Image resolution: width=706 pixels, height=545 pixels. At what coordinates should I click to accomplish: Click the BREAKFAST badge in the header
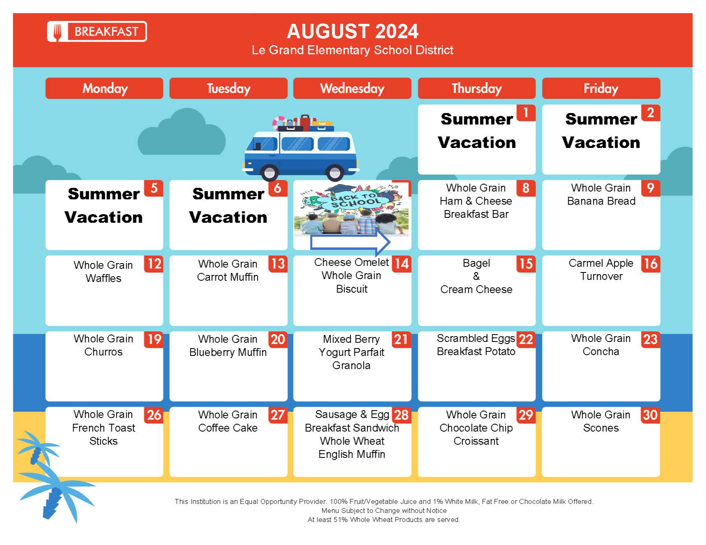point(97,32)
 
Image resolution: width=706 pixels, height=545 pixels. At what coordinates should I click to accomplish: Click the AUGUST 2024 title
point(352,31)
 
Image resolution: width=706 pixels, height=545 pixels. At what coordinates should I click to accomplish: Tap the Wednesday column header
point(352,88)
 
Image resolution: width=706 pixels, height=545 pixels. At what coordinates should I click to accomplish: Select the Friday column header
point(601,88)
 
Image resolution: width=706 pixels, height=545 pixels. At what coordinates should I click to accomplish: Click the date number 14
point(402,264)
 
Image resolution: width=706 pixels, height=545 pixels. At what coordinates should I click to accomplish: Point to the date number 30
point(650,415)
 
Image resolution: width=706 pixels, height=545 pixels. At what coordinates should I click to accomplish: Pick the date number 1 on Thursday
point(526,113)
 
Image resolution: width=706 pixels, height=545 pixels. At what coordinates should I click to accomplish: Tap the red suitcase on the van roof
point(305,122)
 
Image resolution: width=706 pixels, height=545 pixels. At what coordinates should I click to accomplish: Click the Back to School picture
point(352,209)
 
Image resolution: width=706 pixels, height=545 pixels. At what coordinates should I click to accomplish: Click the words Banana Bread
point(601,201)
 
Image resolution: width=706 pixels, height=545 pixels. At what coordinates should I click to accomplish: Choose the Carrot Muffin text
point(228,277)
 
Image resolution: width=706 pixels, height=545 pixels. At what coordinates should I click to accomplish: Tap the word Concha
point(601,351)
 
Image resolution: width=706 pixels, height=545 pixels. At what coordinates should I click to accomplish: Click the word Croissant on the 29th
point(476,441)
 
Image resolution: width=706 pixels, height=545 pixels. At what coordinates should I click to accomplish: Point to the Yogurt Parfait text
point(352,352)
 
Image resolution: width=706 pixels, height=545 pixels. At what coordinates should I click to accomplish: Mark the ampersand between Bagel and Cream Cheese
point(476,276)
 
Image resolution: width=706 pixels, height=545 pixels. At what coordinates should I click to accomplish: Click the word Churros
point(103,352)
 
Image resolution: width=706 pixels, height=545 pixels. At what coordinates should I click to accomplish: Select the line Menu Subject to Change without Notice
point(384,510)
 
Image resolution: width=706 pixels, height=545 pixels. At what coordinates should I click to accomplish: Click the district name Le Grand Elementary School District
point(352,50)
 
